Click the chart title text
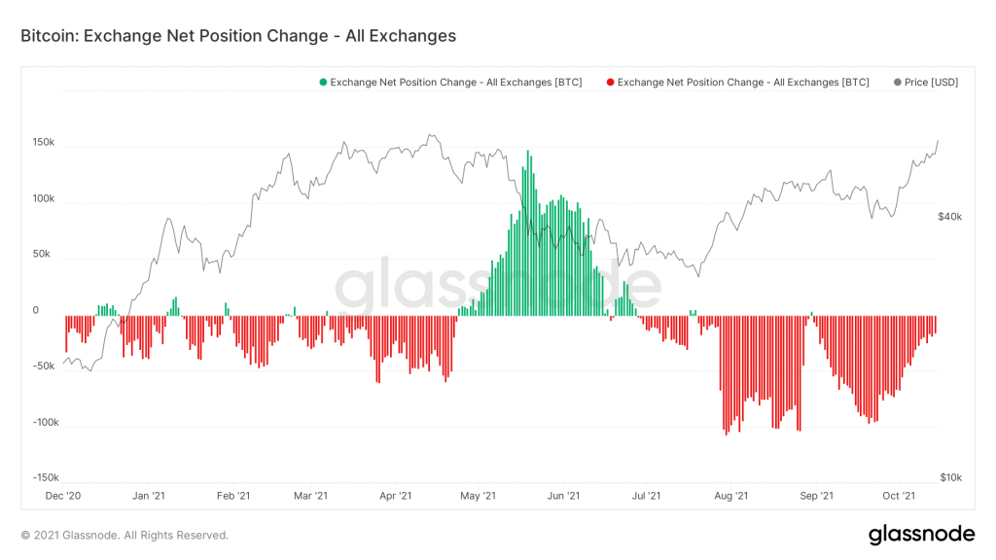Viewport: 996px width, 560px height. click(238, 36)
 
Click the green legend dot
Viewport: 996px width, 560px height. click(323, 83)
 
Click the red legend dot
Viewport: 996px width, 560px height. click(610, 83)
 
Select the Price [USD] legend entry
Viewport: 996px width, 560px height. click(925, 83)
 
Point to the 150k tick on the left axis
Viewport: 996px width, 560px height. click(44, 143)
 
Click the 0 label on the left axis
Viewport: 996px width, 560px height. click(36, 311)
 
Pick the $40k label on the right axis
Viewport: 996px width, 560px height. click(949, 217)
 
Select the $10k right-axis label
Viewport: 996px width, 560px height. click(950, 477)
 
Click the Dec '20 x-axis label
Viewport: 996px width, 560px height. click(62, 496)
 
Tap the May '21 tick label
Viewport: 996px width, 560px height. click(478, 496)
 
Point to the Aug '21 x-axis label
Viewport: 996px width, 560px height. click(729, 496)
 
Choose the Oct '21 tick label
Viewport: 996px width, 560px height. click(900, 496)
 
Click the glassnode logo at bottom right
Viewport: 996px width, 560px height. click(920, 534)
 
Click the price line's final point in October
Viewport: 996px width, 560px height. click(938, 141)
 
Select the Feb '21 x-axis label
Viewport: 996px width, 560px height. click(232, 496)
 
